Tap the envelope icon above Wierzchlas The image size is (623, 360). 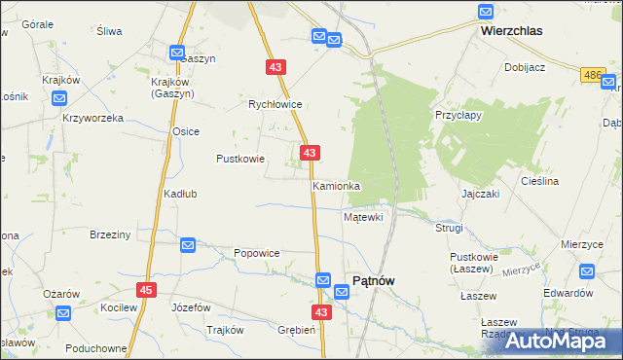pos(486,12)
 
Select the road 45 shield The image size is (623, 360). pos(147,290)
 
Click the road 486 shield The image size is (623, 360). pos(592,75)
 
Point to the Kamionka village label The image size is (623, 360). pos(336,185)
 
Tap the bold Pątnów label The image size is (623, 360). pos(373,280)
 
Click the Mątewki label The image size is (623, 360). pos(363,217)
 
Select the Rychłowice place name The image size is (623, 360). pos(275,104)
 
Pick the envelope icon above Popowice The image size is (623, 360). pos(188,246)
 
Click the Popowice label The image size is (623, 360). pos(257,253)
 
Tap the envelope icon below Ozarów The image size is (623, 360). pos(63,313)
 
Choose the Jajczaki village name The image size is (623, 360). pos(481,194)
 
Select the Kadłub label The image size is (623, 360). pos(180,194)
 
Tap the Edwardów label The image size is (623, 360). pos(568,293)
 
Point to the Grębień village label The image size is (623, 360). pos(296,330)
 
